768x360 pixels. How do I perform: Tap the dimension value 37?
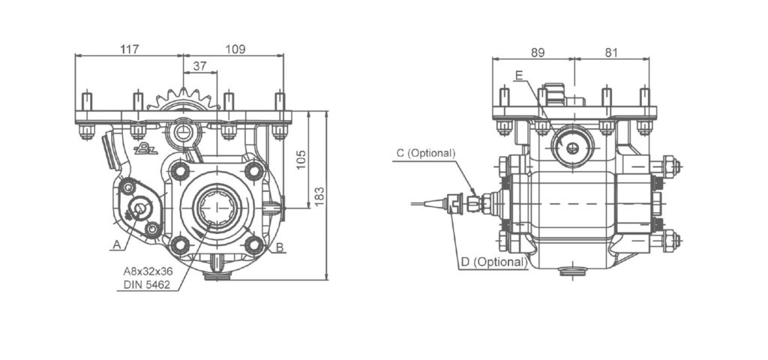click(x=200, y=66)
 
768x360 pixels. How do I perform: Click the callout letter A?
click(x=116, y=244)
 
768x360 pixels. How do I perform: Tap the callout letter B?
click(x=279, y=247)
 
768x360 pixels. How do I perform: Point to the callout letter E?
click(x=519, y=75)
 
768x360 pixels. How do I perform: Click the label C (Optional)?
click(x=425, y=153)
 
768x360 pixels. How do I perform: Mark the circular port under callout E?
click(x=571, y=148)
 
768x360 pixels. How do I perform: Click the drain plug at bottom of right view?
click(x=574, y=271)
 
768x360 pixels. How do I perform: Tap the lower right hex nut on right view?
click(x=670, y=241)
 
